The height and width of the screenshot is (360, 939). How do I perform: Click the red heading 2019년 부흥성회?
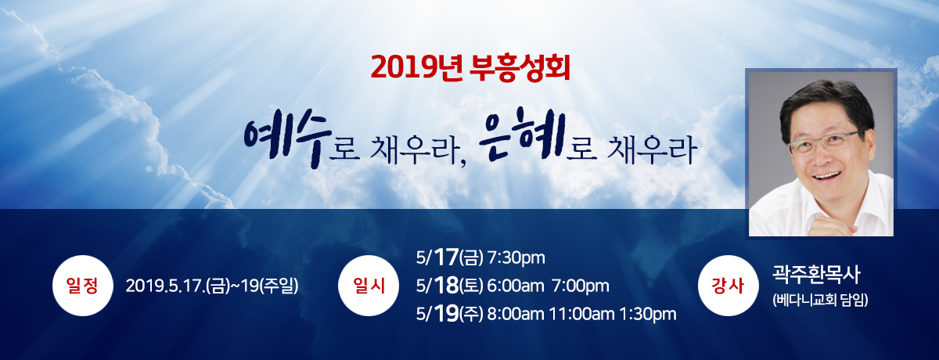469,69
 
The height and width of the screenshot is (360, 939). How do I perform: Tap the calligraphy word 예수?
286,141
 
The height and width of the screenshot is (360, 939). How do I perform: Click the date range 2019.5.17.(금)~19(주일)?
212,286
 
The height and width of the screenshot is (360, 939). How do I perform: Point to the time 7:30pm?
516,257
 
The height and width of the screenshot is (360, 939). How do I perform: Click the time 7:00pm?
581,286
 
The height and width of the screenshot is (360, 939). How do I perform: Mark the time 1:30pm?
647,315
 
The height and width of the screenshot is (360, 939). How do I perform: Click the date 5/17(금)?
451,257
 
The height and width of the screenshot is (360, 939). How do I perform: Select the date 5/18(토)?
451,286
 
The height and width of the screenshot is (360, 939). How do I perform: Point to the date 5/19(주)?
451,315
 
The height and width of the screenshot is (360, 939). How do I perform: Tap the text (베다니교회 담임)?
821,300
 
